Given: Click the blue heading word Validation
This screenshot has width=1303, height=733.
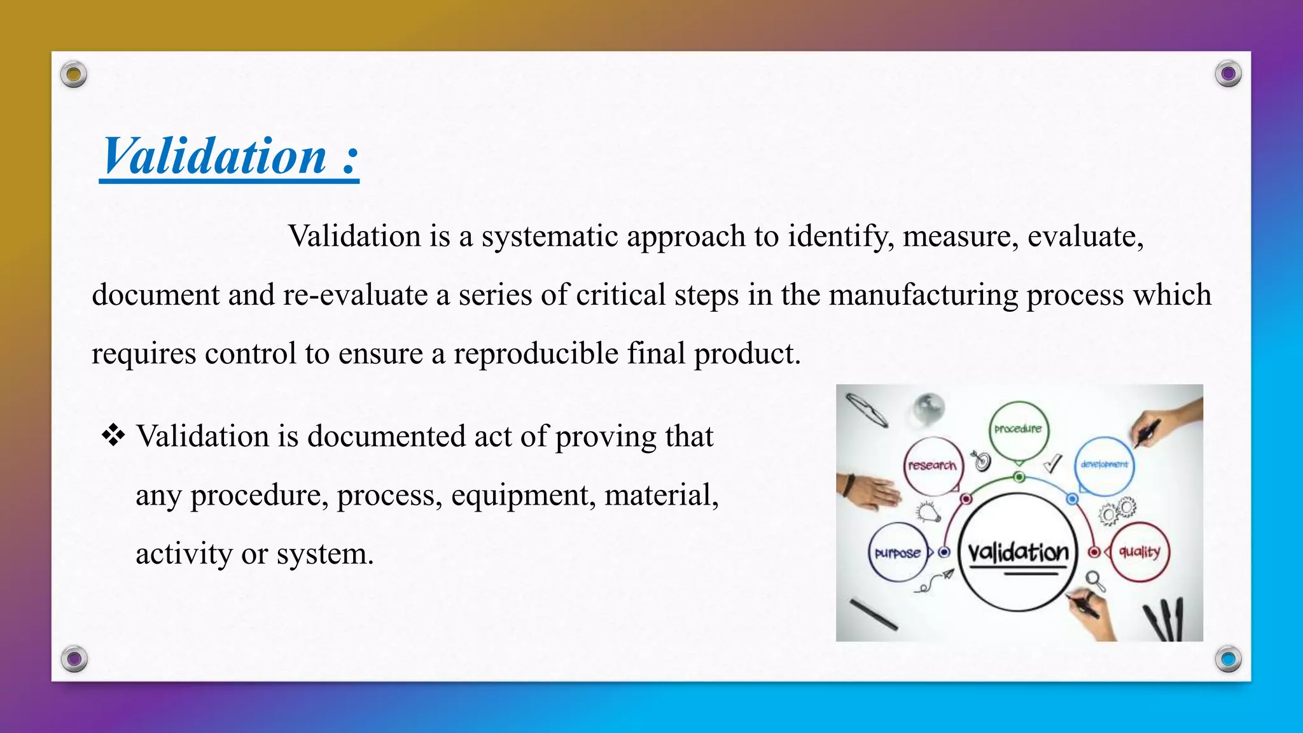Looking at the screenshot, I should (x=215, y=157).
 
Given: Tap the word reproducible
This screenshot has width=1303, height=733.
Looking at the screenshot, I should (x=536, y=354).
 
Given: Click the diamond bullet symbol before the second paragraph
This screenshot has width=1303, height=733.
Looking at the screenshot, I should (x=113, y=436).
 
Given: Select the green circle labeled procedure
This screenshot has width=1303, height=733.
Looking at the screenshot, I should (x=1018, y=429).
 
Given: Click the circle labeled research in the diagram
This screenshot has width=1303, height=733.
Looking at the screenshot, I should (x=933, y=466).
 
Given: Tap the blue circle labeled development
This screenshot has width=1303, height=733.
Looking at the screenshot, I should (x=1104, y=465).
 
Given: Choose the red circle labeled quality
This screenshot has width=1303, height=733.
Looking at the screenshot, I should (x=1140, y=552).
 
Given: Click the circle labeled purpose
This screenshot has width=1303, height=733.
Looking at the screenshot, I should (x=897, y=552).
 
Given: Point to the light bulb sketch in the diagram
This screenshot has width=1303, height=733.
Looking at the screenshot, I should (x=928, y=511).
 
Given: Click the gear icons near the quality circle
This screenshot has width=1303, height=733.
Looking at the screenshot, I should (x=1117, y=510).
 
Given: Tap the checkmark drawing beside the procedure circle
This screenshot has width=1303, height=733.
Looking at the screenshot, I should (x=1053, y=463).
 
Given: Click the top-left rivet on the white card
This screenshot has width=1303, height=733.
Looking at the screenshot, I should (x=74, y=75).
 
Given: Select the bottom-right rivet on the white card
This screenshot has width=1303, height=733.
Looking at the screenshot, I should (x=1228, y=659).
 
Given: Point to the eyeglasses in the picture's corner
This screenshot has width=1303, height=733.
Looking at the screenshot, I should (x=867, y=410).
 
